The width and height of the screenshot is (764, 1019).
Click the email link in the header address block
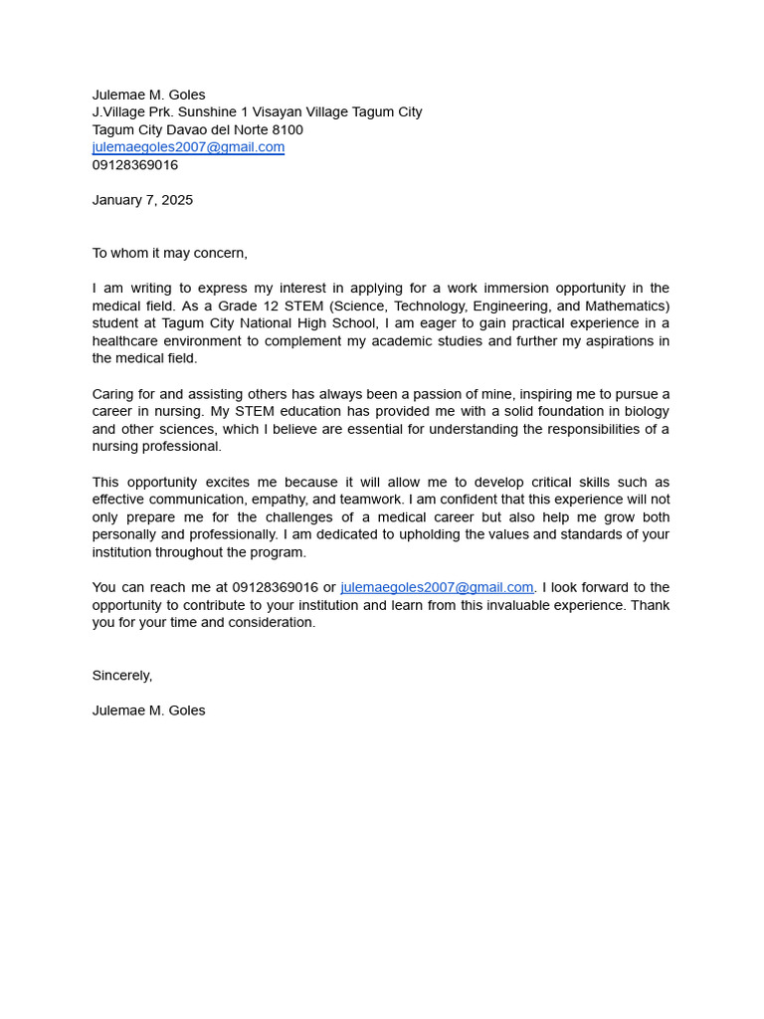coord(188,147)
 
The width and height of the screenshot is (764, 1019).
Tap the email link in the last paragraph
coord(437,587)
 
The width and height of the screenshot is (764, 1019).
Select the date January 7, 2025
coord(142,200)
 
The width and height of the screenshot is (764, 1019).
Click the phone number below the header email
coord(135,165)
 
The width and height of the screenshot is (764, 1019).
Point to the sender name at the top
coord(148,95)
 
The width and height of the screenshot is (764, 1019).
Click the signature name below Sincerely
coord(148,711)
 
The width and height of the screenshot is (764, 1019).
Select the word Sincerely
coord(121,676)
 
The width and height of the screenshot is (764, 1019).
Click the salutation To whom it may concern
coord(169,253)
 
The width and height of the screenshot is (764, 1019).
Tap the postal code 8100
coord(287,130)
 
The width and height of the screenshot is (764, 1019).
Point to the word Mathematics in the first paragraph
coord(626,306)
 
